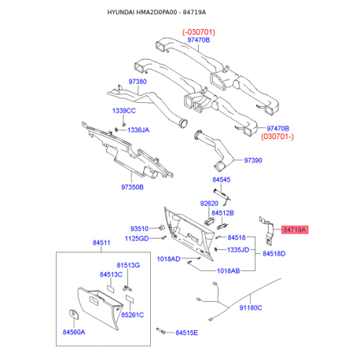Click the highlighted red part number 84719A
(x=295, y=230)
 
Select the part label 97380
(x=138, y=82)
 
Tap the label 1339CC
(x=124, y=111)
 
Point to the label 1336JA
(x=138, y=130)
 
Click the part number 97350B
(x=132, y=187)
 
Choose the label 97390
(x=253, y=160)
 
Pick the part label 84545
(x=222, y=179)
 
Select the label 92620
(x=209, y=204)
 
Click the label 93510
(x=139, y=229)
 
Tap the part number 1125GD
(x=137, y=238)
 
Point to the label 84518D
(x=274, y=254)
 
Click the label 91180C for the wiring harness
(x=251, y=307)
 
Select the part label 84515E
(x=187, y=332)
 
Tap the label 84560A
(x=74, y=332)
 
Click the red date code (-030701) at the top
(x=199, y=32)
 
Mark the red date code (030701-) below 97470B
(x=277, y=137)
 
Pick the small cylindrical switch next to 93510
(x=162, y=227)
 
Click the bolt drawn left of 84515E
(x=161, y=331)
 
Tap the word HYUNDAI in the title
(x=121, y=13)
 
